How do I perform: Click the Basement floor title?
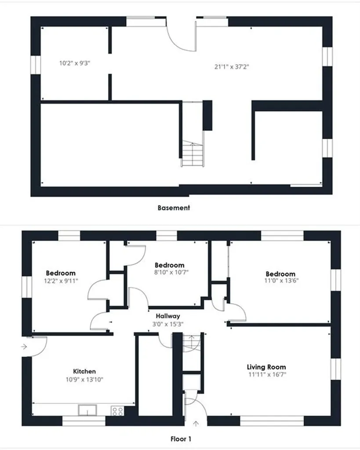click(174, 207)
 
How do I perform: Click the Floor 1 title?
click(181, 439)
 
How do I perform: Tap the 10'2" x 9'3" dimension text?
click(75, 63)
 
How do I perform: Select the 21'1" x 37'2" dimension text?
click(232, 67)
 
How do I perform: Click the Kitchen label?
click(84, 371)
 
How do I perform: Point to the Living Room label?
click(266, 367)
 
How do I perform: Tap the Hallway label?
click(168, 316)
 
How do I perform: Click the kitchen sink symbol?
click(87, 410)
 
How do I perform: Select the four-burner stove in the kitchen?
click(117, 411)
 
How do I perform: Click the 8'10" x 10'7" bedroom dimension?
click(171, 272)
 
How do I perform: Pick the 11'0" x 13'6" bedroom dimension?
click(281, 280)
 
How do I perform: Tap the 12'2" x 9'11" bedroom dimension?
click(61, 281)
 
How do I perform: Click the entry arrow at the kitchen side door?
click(24, 347)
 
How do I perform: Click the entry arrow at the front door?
click(196, 423)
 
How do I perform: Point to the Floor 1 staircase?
click(192, 343)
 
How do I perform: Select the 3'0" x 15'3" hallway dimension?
click(168, 324)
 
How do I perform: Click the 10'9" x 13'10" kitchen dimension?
click(84, 379)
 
